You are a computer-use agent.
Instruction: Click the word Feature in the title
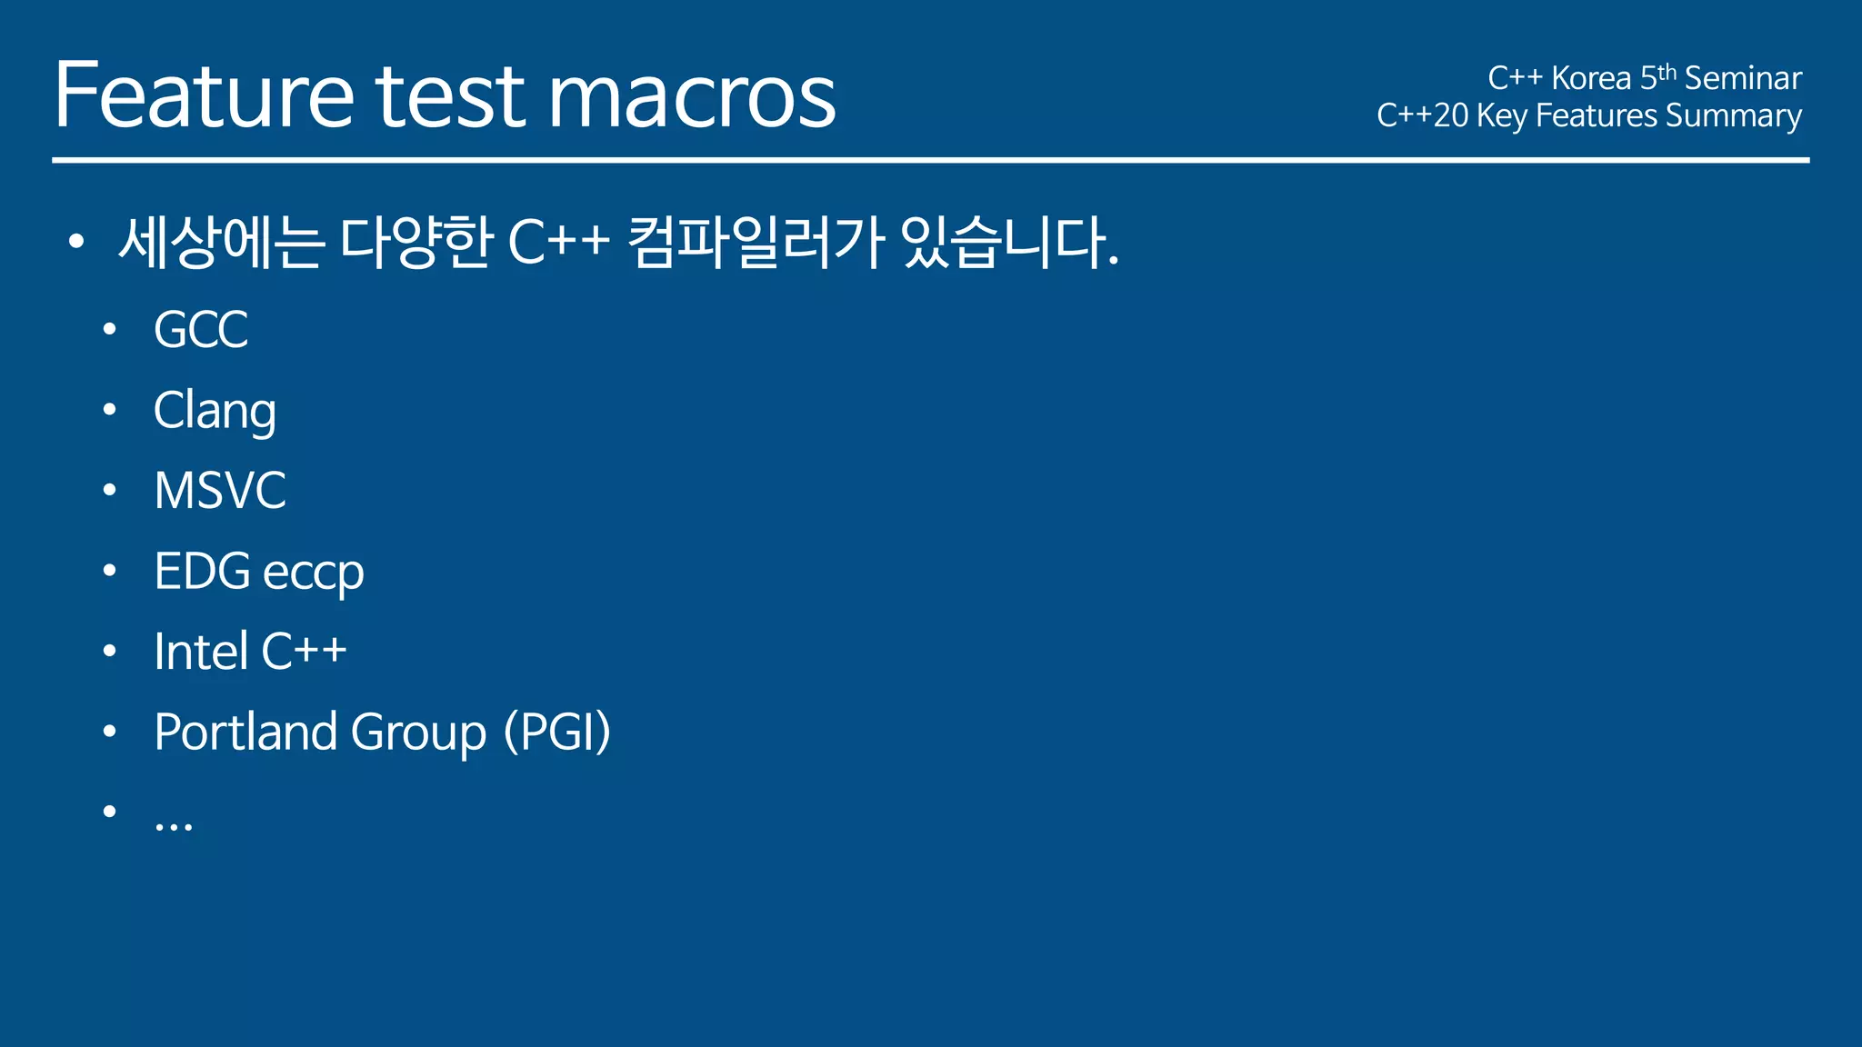pos(204,95)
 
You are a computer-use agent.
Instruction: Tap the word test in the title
pos(450,95)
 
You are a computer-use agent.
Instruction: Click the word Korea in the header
pos(1590,78)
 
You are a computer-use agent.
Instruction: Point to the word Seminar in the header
pos(1742,78)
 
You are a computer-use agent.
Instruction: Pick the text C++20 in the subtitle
pos(1422,115)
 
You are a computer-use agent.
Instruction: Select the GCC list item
pos(201,329)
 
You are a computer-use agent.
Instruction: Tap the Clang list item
pos(215,411)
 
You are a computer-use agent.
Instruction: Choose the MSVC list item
pos(220,491)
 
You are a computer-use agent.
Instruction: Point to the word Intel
pos(201,652)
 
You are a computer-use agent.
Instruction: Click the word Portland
pos(245,732)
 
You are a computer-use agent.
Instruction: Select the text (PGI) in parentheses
pos(557,732)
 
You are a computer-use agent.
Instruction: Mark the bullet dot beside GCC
pos(110,330)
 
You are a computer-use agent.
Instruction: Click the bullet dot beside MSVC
pos(110,491)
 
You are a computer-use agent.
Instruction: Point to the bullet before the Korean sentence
pos(76,243)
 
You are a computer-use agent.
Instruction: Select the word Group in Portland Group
pos(418,733)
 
